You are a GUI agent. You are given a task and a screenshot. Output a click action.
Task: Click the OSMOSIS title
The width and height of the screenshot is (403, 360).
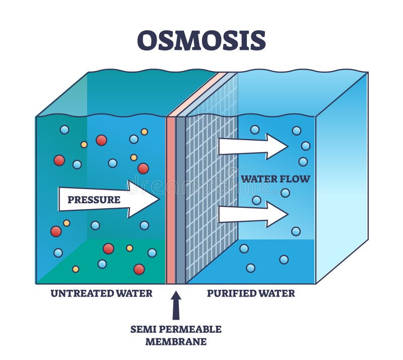coord(201,40)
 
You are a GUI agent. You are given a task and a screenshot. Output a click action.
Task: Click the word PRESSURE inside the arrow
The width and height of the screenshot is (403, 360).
coord(94,200)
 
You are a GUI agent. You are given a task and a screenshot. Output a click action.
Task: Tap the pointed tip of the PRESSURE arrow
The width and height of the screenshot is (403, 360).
coord(158,199)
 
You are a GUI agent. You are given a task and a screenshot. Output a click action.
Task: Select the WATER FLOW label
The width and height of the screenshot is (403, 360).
coord(275,178)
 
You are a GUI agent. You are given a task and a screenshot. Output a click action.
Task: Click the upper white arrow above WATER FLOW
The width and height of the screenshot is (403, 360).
coord(252,146)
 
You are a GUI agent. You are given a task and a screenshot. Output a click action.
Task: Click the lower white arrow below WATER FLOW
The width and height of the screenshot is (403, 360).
coord(252,214)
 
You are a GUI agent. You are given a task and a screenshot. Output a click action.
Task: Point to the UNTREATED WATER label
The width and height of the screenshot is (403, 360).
coord(101,293)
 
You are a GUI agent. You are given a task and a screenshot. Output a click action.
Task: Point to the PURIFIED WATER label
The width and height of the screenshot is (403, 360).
coord(251,293)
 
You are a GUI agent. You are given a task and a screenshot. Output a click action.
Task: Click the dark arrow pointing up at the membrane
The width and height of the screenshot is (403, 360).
coord(176,306)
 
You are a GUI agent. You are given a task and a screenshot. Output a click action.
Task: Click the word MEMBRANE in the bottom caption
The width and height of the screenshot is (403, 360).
coord(176,341)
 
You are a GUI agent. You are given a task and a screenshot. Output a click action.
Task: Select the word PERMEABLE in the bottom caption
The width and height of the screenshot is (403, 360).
coord(193,329)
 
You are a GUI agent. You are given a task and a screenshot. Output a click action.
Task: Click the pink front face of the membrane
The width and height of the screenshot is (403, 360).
coord(171,202)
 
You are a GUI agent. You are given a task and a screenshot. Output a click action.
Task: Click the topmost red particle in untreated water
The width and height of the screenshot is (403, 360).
coord(101,140)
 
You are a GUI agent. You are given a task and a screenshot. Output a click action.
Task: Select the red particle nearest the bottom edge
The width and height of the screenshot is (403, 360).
coord(139,269)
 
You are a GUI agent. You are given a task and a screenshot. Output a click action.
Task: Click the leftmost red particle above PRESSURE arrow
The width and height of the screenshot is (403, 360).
coord(59,160)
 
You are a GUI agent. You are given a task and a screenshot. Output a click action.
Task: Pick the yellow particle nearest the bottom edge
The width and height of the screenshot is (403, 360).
coord(76,269)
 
